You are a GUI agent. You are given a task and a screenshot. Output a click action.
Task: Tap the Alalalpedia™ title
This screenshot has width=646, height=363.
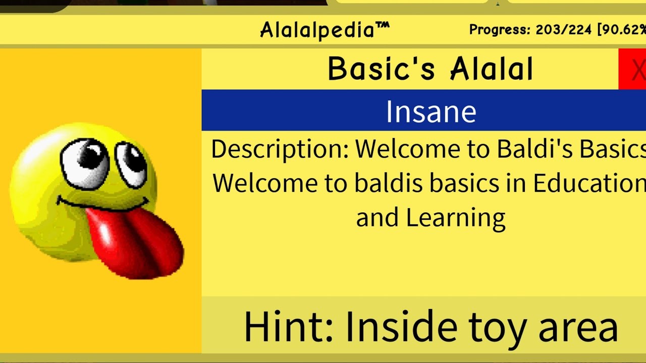(325, 30)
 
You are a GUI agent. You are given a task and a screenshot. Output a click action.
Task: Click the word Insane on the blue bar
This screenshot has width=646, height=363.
(430, 111)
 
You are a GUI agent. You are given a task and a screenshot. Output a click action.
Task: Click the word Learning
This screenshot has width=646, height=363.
(455, 218)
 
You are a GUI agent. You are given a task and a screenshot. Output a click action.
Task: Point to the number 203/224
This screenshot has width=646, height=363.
(563, 30)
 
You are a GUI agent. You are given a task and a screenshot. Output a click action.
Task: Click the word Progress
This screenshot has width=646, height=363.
(499, 30)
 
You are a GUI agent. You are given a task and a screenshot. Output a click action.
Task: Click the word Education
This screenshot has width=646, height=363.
(588, 184)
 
